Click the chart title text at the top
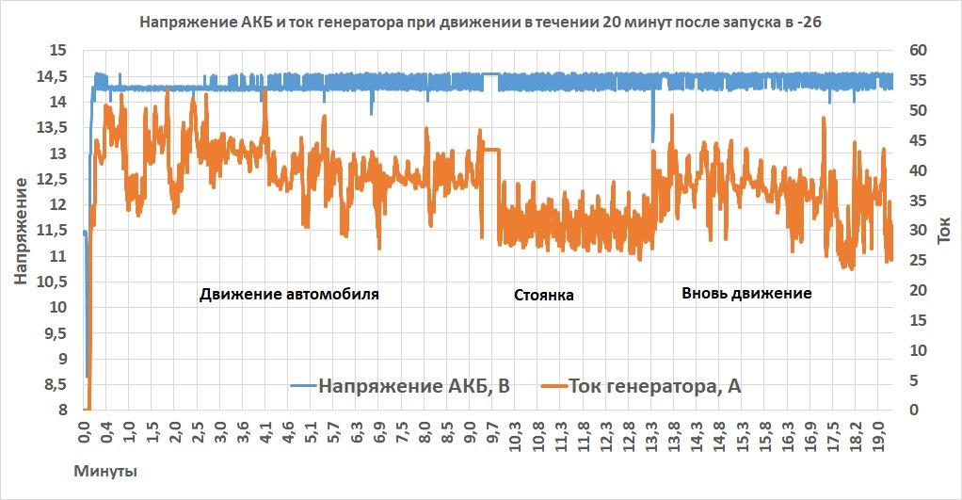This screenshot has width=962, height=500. click(480, 21)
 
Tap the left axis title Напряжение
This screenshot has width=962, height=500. click(21, 230)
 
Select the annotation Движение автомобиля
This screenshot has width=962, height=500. click(289, 294)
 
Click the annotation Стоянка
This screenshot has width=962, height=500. click(543, 296)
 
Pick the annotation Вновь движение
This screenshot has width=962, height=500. click(746, 294)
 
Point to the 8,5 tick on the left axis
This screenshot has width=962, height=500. click(56, 384)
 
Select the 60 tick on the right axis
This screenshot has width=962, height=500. click(917, 50)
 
